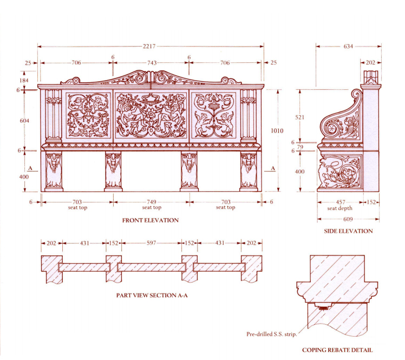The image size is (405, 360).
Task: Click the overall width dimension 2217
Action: click(x=149, y=47)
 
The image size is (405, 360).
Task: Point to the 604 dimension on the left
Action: click(x=24, y=120)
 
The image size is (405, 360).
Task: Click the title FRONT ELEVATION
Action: click(x=150, y=220)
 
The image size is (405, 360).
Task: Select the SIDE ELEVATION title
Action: click(x=349, y=231)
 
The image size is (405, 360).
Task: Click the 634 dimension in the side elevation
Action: click(x=348, y=47)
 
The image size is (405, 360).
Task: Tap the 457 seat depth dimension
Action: click(x=339, y=202)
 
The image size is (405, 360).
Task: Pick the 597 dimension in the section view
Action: click(x=152, y=243)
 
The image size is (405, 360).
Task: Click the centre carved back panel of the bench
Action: click(x=151, y=115)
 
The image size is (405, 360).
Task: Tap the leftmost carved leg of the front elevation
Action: click(x=54, y=170)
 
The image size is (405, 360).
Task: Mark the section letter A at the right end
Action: click(x=273, y=169)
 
